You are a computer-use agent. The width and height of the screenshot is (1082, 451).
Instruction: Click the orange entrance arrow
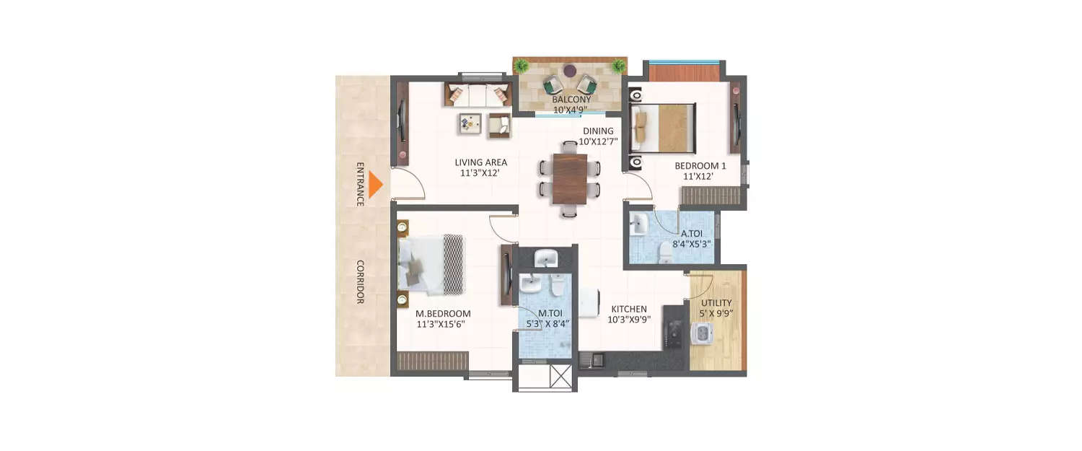374,185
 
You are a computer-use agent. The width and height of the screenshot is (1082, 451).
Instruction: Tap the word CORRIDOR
360,281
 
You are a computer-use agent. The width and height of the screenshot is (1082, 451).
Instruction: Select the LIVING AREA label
481,162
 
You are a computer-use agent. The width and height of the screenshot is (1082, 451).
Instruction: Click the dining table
570,179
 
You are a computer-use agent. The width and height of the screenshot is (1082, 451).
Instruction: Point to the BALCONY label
571,100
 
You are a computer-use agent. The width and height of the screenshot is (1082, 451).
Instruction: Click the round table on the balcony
570,71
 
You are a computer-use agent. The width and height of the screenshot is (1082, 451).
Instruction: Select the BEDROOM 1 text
700,166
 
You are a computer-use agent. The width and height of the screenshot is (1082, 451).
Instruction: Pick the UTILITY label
716,303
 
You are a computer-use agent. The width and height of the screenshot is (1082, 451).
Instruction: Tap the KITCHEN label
630,309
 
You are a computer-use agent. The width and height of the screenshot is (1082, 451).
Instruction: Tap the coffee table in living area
470,124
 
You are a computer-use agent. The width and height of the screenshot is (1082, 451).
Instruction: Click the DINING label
599,131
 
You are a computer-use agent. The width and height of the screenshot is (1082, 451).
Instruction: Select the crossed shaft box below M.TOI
560,376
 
